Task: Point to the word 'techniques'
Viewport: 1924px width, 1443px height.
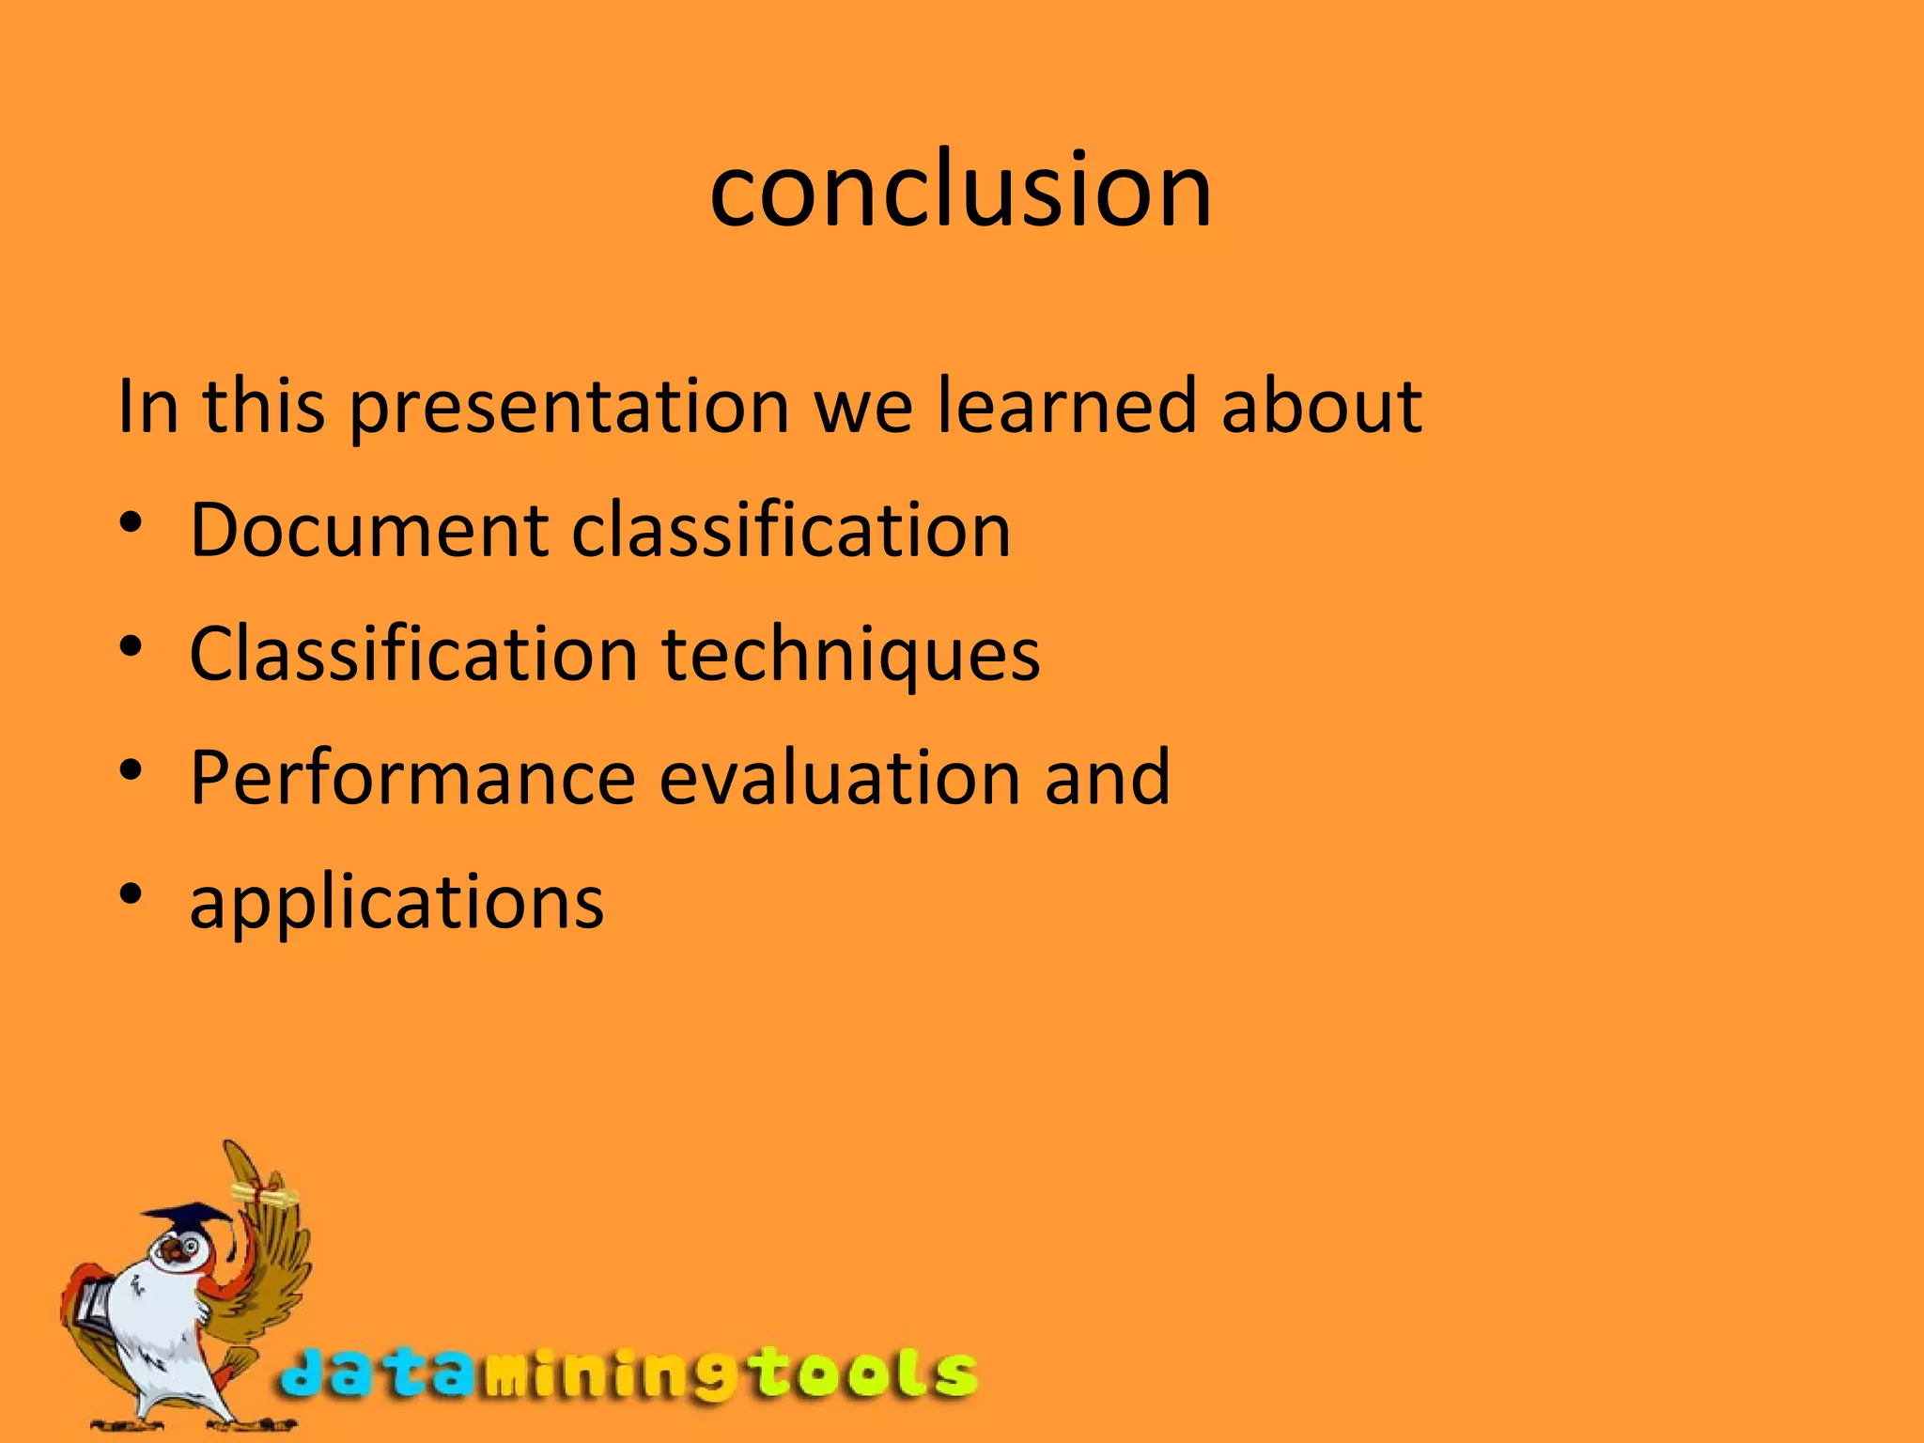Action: (850, 654)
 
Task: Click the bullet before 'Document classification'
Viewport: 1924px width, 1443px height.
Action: (131, 522)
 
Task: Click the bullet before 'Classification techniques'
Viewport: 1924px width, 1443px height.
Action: (131, 646)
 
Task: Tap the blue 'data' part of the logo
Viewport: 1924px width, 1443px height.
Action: (376, 1374)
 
